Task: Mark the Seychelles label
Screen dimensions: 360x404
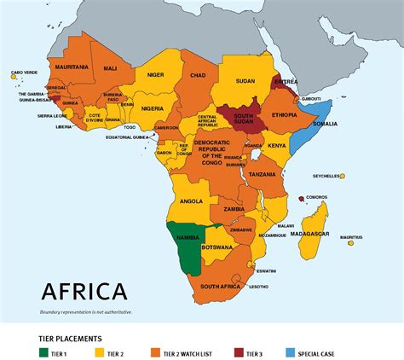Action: pyautogui.click(x=326, y=176)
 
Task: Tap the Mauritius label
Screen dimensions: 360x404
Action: pyautogui.click(x=350, y=237)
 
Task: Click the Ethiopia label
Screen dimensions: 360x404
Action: pyautogui.click(x=284, y=114)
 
